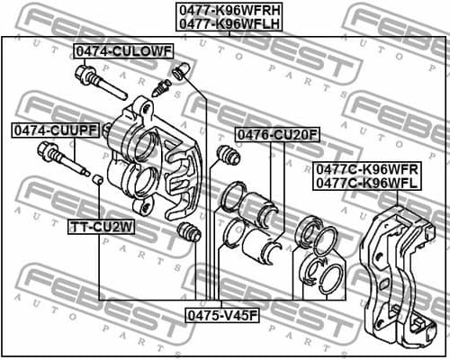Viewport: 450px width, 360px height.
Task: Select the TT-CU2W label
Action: click(102, 227)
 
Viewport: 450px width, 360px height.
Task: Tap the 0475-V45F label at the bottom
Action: click(222, 315)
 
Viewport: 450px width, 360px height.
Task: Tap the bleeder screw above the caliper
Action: click(163, 87)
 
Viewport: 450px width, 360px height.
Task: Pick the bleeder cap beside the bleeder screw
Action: click(182, 69)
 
